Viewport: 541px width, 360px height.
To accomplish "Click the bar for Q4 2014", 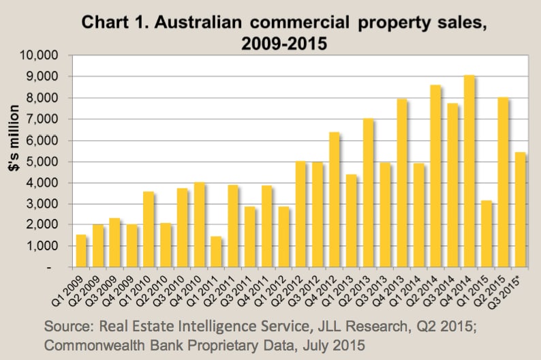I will pyautogui.click(x=469, y=170).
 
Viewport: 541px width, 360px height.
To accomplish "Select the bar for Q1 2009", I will pyautogui.click(x=82, y=250).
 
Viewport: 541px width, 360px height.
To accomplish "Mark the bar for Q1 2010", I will pyautogui.click(x=149, y=229).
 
